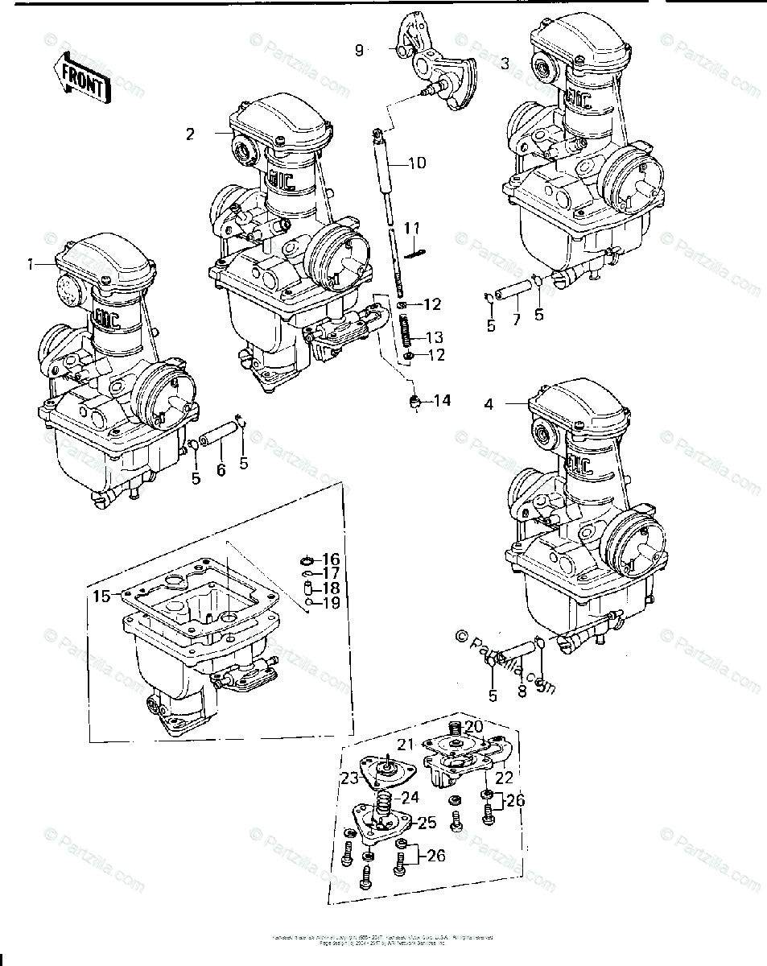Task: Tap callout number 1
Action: pos(31,263)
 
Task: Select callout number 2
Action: pos(190,134)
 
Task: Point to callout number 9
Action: pos(360,51)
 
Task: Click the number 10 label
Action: pos(417,163)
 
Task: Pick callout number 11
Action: pos(412,229)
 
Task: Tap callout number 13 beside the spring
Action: pos(435,337)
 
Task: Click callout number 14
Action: pos(442,400)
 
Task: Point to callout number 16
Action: pos(332,559)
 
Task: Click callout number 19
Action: pos(332,602)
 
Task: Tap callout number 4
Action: pos(489,404)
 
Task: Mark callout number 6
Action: pos(221,470)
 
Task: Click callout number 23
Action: pos(349,778)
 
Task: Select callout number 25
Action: pos(426,822)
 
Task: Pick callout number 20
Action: pos(472,726)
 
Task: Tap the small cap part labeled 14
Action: pos(416,401)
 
